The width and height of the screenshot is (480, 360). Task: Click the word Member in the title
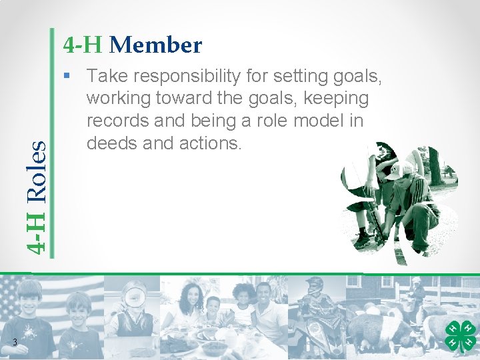point(155,45)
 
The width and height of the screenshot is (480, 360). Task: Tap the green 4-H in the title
point(83,45)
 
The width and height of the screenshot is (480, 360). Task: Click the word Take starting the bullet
point(105,77)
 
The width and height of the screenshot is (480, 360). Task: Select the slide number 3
point(15,343)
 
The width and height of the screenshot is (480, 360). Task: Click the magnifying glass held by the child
point(135,294)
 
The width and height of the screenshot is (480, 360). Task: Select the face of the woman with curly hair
point(189,298)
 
